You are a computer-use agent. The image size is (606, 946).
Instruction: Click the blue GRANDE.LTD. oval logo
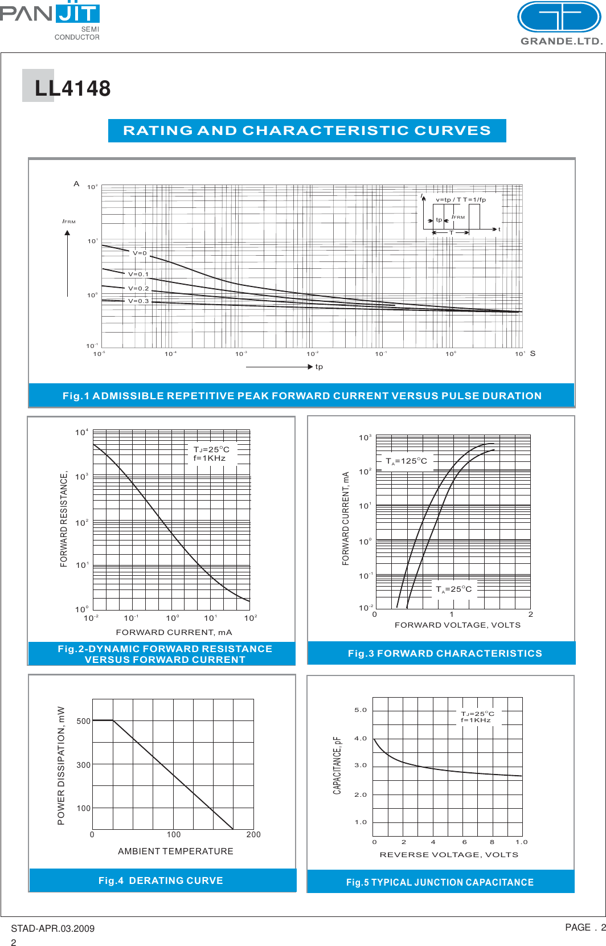[559, 17]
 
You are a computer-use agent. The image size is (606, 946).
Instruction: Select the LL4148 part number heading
[72, 88]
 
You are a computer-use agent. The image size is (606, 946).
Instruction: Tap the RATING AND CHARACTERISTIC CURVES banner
[307, 130]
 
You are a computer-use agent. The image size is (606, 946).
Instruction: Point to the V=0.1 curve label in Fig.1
[138, 274]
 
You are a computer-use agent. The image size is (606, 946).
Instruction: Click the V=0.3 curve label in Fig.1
[138, 301]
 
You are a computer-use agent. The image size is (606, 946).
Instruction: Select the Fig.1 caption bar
[302, 395]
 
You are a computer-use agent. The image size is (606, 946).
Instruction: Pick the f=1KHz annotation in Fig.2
[210, 458]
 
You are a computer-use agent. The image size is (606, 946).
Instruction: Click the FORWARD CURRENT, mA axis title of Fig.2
[174, 632]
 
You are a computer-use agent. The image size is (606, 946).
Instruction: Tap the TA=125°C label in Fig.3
[406, 461]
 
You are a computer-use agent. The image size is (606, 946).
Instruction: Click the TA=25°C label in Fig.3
[453, 589]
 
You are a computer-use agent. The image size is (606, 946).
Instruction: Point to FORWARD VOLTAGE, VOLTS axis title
[457, 625]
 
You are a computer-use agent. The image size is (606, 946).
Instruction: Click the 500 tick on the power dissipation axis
[84, 721]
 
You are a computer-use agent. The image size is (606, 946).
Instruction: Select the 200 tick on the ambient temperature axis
[253, 834]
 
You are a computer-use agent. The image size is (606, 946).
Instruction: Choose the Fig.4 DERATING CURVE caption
[161, 881]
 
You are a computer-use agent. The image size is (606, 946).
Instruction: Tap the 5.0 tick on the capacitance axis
[361, 710]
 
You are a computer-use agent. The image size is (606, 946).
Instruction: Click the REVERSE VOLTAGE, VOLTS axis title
[449, 854]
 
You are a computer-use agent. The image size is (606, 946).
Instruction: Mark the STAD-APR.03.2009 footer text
[52, 928]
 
